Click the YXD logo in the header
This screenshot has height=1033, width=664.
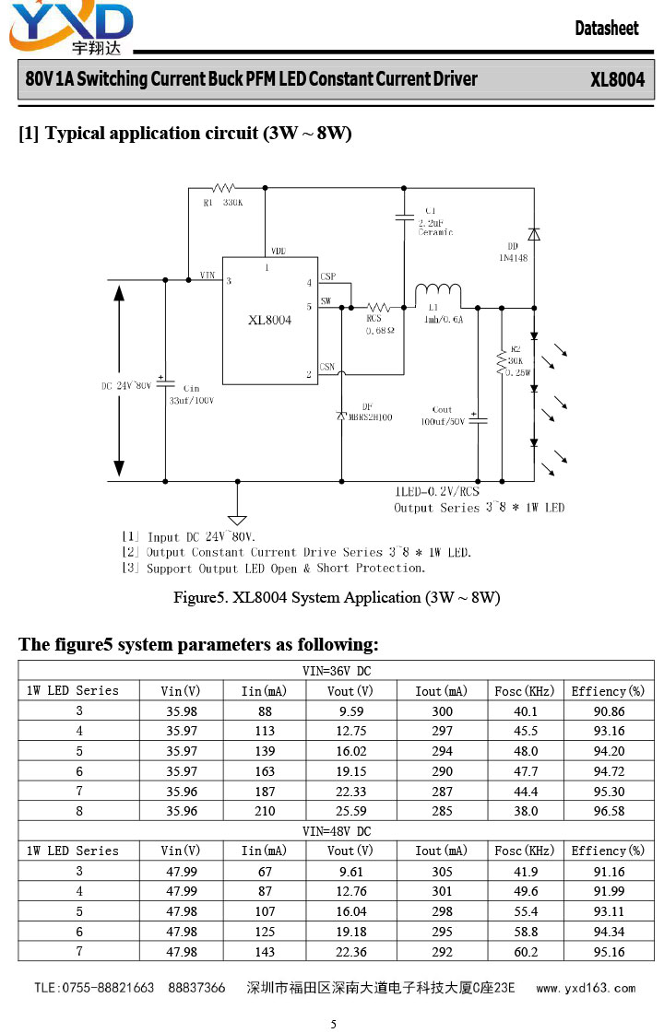point(71,28)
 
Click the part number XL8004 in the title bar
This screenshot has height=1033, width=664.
point(617,80)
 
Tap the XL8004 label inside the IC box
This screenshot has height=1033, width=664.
point(269,320)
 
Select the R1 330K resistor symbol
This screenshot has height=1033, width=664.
point(223,188)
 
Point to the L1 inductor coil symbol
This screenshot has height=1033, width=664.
point(438,291)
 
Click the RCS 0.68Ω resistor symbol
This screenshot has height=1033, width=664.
point(378,308)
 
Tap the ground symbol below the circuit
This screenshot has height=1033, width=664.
point(237,520)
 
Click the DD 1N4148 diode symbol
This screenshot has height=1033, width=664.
point(534,234)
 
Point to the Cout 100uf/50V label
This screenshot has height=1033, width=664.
point(443,416)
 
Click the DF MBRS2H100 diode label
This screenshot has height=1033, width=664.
point(370,413)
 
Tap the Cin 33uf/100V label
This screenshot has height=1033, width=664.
point(191,394)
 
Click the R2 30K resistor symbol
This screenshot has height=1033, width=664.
point(502,362)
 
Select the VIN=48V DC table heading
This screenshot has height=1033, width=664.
point(337,831)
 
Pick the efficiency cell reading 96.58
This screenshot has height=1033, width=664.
point(609,811)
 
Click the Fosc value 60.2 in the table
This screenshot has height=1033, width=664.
point(527,952)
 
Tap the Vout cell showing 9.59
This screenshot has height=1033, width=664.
point(350,711)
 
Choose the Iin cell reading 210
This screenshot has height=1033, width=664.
point(265,811)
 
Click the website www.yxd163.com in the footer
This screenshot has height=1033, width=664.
point(586,988)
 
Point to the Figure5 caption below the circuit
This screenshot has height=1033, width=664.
point(337,597)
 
